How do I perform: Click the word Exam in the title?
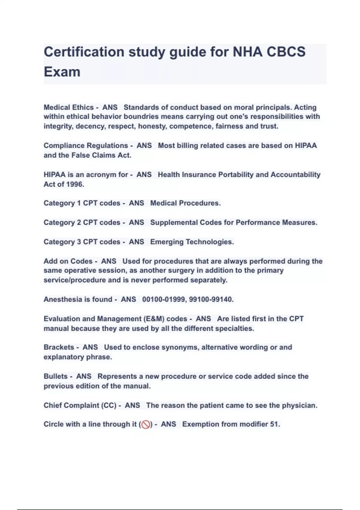click(x=62, y=72)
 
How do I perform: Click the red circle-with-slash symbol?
click(x=146, y=424)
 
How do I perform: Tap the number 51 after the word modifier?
click(x=275, y=424)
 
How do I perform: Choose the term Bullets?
click(x=55, y=376)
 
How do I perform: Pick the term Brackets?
click(x=59, y=347)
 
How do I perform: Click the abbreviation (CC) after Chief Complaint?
click(x=109, y=405)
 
